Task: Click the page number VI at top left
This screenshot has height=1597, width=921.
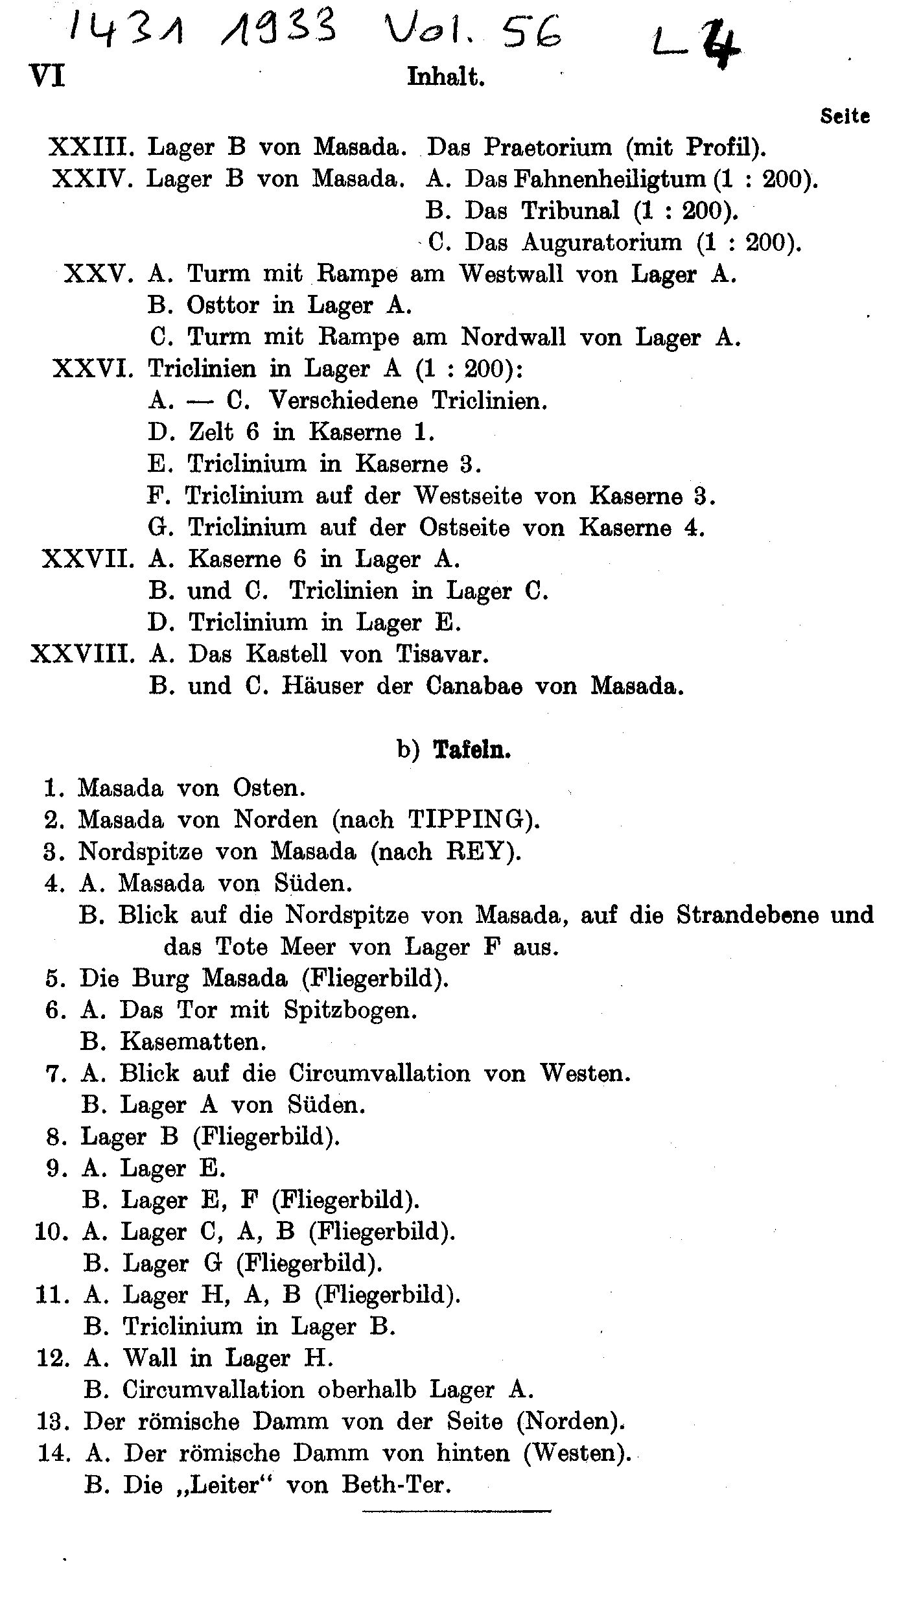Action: tap(47, 77)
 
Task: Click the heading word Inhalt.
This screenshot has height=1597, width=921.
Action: tap(446, 78)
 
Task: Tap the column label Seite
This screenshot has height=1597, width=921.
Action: tap(845, 117)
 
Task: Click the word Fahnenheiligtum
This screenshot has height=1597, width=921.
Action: tap(609, 179)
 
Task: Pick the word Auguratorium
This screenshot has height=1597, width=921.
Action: tap(601, 242)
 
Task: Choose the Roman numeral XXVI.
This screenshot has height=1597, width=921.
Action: tap(93, 369)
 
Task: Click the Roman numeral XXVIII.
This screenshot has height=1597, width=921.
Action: tap(82, 654)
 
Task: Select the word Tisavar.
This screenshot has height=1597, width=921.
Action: tap(441, 654)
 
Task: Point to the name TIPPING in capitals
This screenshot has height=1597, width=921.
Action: tap(465, 820)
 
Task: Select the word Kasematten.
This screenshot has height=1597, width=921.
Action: tap(193, 1042)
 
